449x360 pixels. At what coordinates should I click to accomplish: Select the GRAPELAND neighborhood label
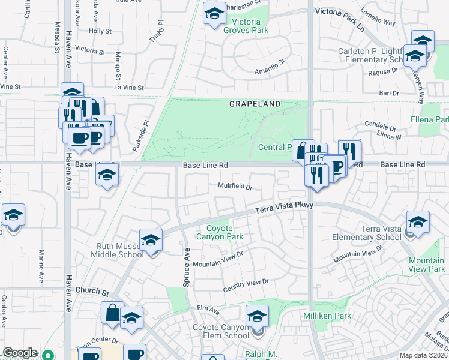(255, 104)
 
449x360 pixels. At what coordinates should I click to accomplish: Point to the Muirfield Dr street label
(235, 186)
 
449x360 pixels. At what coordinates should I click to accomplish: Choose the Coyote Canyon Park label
(225, 232)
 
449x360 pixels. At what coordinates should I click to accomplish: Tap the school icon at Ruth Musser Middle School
(150, 240)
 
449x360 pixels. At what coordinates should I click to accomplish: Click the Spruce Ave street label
(186, 267)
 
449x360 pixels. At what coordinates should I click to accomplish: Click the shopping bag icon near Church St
(112, 312)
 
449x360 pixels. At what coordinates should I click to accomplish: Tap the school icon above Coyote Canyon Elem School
(257, 315)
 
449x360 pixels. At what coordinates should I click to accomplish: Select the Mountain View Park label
(426, 265)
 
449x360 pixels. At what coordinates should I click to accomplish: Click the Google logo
(20, 352)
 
